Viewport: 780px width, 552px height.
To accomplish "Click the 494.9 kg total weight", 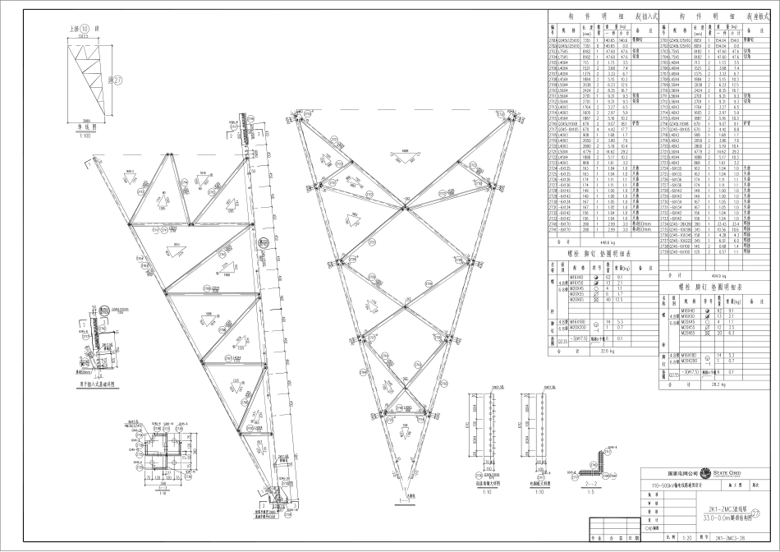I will (x=714, y=274).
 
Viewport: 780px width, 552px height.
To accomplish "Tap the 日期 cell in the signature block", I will (x=626, y=539).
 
